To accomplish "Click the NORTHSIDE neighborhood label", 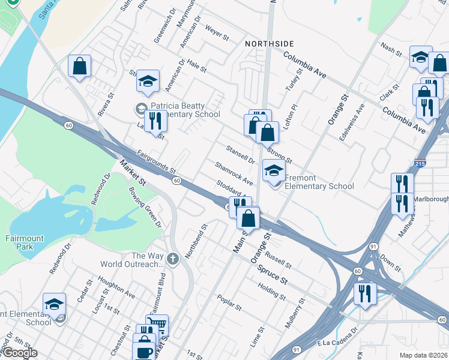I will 270,44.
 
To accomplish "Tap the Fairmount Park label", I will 25,242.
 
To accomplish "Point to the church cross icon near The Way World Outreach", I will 173,259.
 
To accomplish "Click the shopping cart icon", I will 157,325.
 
